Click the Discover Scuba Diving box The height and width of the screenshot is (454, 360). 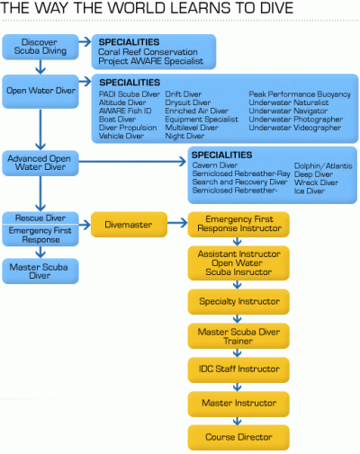(40, 47)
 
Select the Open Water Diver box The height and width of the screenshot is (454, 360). (40, 91)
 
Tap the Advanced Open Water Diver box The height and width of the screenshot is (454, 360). (40, 163)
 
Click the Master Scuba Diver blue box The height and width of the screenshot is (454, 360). (40, 272)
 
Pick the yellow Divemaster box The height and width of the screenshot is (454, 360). (129, 225)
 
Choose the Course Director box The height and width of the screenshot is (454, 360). (238, 437)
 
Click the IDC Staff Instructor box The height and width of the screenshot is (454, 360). (238, 369)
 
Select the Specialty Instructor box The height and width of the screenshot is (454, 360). (238, 301)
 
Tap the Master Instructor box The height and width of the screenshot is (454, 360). (238, 404)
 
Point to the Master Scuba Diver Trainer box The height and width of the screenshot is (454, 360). (238, 336)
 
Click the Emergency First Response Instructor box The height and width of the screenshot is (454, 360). (238, 224)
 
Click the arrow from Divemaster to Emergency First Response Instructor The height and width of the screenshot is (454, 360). (177, 223)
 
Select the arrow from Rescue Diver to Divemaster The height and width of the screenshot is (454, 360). (85, 225)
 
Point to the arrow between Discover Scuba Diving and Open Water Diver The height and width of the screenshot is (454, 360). (40, 67)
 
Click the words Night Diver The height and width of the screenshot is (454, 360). (184, 137)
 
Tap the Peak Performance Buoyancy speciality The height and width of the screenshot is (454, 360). (300, 94)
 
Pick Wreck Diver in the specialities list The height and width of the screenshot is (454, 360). (316, 182)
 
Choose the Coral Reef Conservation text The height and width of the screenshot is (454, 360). (148, 52)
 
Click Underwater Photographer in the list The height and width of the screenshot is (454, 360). (296, 120)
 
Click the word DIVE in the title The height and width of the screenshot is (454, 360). (276, 8)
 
